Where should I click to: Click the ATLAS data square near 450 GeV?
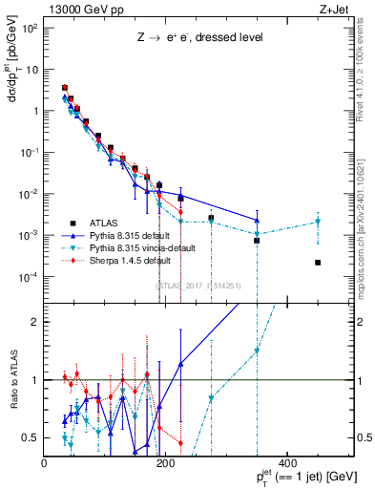(318, 263)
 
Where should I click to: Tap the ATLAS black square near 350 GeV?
(257, 241)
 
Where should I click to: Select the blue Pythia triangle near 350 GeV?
(257, 220)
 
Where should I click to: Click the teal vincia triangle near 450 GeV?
(318, 222)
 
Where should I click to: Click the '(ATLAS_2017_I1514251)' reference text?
(198, 284)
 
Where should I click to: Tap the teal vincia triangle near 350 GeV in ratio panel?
(257, 351)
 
